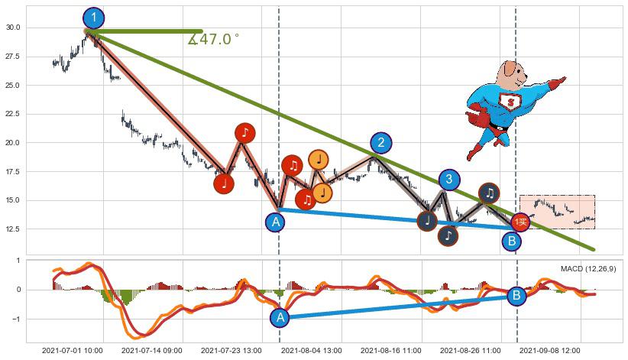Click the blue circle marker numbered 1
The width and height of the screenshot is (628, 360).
[x=93, y=18]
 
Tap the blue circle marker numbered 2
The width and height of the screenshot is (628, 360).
[x=381, y=143]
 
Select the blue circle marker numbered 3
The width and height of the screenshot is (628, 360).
[x=449, y=180]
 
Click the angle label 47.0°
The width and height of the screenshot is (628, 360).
[x=214, y=39]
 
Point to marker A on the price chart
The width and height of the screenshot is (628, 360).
[x=276, y=222]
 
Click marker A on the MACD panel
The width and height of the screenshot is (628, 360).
[x=280, y=317]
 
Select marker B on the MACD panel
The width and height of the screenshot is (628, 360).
[x=516, y=296]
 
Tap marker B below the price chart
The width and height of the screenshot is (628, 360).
[x=513, y=242]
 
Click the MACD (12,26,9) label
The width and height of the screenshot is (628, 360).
[x=588, y=269]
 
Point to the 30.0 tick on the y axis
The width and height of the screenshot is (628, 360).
[x=13, y=28]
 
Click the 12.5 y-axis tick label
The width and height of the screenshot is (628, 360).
[x=13, y=229]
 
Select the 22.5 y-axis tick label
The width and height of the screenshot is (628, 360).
[x=13, y=114]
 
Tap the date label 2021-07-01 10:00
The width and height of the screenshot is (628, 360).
[x=72, y=351]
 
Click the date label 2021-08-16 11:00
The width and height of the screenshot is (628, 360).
[x=390, y=351]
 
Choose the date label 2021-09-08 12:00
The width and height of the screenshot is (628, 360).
[x=549, y=351]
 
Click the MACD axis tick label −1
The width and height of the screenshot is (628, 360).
[x=16, y=319]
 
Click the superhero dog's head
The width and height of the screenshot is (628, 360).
[x=511, y=75]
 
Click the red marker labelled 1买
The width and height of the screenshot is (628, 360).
[x=520, y=222]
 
